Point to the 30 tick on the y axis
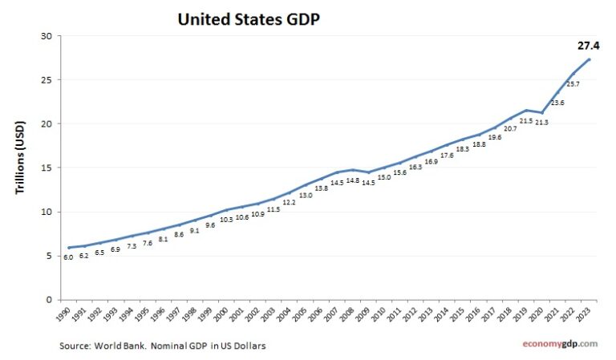click(x=47, y=36)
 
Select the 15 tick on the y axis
click(x=47, y=168)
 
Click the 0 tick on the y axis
click(x=49, y=300)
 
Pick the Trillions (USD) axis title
click(x=20, y=168)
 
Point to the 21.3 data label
click(x=542, y=122)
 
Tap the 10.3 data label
click(x=225, y=219)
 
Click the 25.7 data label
click(x=573, y=83)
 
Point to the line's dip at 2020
click(x=543, y=112)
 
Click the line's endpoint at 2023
click(x=590, y=59)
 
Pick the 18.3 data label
click(x=463, y=149)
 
